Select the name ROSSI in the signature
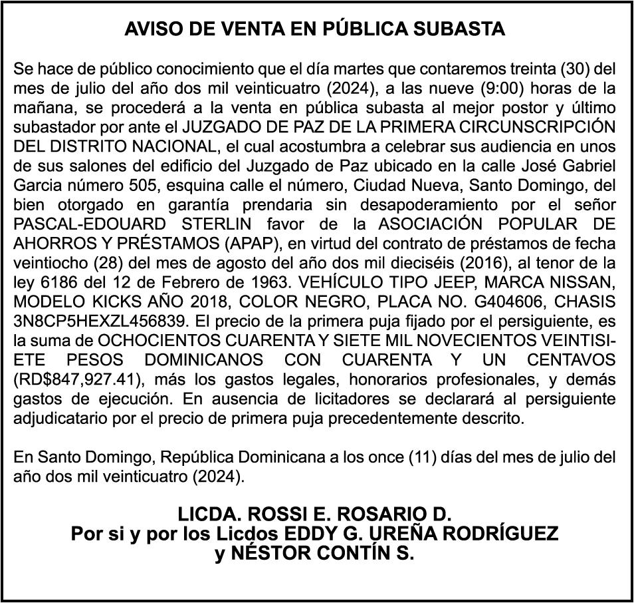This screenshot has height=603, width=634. tap(276, 514)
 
